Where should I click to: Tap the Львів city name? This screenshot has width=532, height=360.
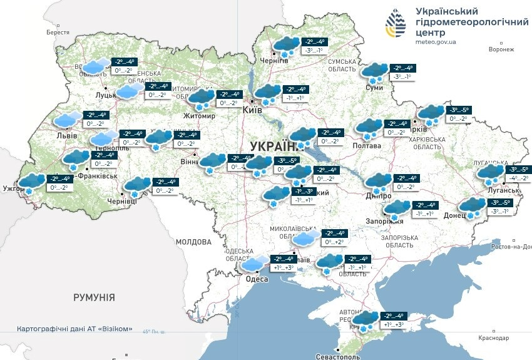[66, 135]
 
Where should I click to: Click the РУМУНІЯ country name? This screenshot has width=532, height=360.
[93, 297]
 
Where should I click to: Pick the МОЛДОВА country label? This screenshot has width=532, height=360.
[194, 242]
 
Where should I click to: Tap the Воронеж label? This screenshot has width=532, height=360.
[501, 49]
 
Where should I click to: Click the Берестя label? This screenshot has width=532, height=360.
[58, 32]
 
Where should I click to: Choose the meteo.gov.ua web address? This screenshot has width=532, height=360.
[436, 42]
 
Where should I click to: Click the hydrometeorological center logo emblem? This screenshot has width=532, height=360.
[395, 26]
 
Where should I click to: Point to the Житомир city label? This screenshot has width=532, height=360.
[199, 116]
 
